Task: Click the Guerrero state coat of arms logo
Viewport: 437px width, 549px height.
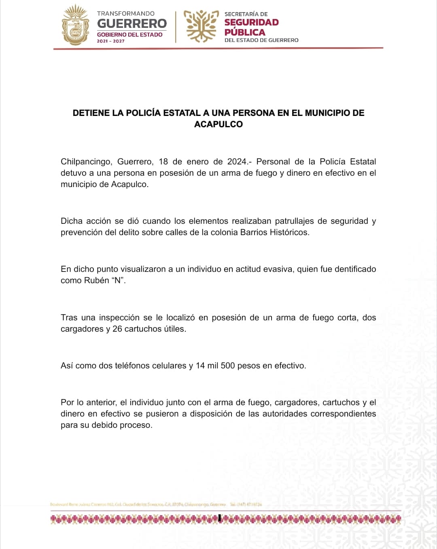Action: (76, 25)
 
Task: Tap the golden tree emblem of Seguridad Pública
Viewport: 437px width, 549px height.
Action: (201, 26)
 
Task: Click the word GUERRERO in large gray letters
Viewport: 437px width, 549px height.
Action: (132, 23)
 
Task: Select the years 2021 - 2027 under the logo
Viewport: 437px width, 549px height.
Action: (110, 41)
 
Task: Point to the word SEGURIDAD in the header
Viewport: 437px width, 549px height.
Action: (252, 23)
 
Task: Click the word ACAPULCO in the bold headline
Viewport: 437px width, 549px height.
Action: (218, 124)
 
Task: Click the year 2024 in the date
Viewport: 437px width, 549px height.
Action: (237, 162)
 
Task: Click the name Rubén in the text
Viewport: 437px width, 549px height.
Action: (96, 280)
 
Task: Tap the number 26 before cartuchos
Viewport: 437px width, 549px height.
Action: (117, 329)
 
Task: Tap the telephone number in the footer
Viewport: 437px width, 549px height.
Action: (246, 505)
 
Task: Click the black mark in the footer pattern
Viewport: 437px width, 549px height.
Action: (219, 518)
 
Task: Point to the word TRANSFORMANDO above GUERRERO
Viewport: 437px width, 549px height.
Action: (126, 14)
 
